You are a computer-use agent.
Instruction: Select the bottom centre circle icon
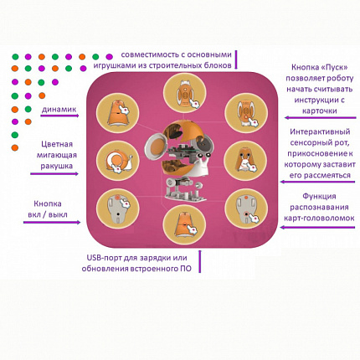(180, 225)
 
